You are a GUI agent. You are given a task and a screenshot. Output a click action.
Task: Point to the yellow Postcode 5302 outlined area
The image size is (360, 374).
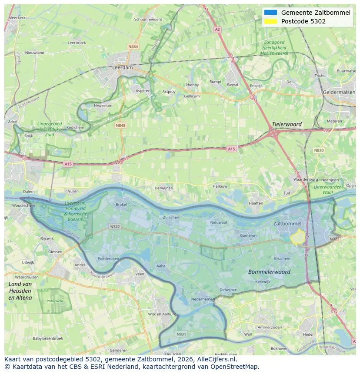tap(298, 238)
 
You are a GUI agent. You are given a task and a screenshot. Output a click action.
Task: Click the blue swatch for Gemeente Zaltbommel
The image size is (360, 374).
tap(270, 13)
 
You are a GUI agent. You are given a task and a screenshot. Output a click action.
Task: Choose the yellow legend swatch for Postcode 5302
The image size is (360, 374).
tap(270, 21)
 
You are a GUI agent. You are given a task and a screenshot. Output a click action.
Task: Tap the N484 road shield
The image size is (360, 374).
tap(133, 46)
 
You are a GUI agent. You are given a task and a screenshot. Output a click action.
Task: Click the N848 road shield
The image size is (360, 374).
tap(120, 125)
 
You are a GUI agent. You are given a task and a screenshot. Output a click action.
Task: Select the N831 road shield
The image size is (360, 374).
tap(181, 334)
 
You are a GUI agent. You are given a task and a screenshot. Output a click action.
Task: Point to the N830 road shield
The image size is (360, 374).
tap(319, 150)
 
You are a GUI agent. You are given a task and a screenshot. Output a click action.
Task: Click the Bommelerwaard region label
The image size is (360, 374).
tap(269, 272)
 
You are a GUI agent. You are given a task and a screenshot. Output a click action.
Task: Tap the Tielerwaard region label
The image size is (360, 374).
tap(287, 124)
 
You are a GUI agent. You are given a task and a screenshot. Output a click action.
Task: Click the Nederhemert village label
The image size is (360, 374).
tap(203, 299)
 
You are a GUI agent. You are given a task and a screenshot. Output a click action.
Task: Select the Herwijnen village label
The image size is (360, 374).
tap(163, 188)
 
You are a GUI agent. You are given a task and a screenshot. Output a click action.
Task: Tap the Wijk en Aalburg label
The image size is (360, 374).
tap(162, 314)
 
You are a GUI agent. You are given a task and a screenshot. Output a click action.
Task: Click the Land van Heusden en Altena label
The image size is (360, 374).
tap(20, 291)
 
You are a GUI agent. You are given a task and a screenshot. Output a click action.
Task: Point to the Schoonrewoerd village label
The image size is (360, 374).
tap(148, 20)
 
